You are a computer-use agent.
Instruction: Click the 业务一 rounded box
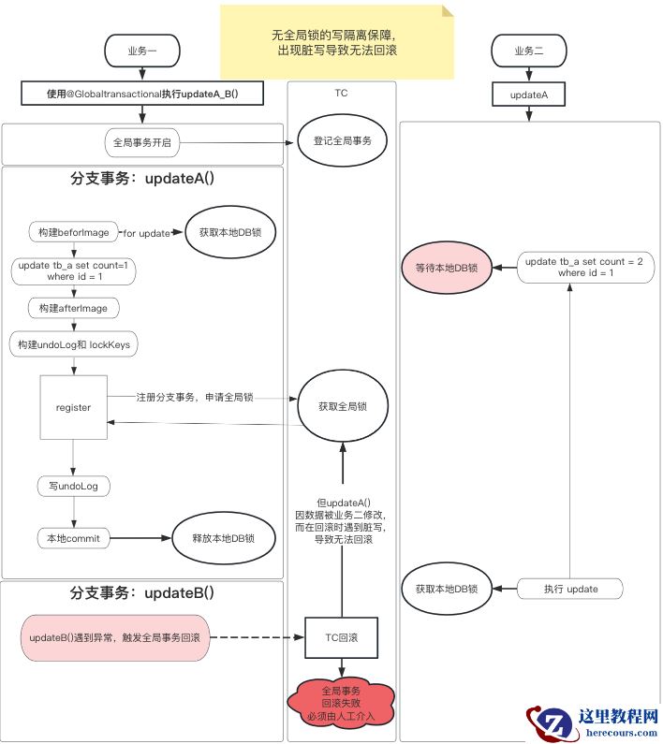coord(141,50)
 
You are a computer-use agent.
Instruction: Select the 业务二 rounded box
coord(528,50)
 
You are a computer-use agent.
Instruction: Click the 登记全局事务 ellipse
coord(341,142)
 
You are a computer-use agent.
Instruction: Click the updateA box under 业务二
coord(528,95)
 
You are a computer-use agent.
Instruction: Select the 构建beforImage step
coord(74,232)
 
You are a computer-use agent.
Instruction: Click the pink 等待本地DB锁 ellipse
coord(447,268)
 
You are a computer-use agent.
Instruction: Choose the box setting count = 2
coord(570,268)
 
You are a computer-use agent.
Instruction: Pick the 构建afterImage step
coord(74,308)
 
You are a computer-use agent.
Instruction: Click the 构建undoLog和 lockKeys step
coord(74,344)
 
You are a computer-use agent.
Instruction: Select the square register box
coord(73,407)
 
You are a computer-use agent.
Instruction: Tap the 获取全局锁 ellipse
coord(342,406)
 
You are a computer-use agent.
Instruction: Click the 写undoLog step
coord(74,486)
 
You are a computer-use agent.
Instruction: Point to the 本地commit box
coord(74,539)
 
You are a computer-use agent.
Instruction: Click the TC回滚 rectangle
coord(341,638)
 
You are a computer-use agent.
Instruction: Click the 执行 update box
coord(570,589)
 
